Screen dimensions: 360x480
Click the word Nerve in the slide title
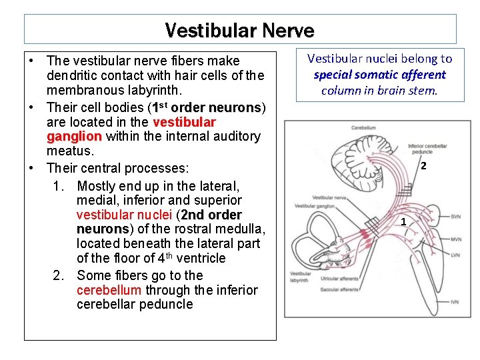pyautogui.click(x=288, y=31)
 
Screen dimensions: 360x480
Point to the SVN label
pyautogui.click(x=455, y=217)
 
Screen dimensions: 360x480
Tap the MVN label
pyautogui.click(x=455, y=239)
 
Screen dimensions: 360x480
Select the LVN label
pyautogui.click(x=455, y=255)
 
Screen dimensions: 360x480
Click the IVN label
pyautogui.click(x=455, y=302)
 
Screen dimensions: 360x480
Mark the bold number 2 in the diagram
pyautogui.click(x=423, y=166)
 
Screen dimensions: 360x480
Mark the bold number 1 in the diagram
pyautogui.click(x=403, y=221)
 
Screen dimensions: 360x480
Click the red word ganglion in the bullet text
pyautogui.click(x=73, y=137)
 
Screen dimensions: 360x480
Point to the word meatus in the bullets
pyautogui.click(x=69, y=151)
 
